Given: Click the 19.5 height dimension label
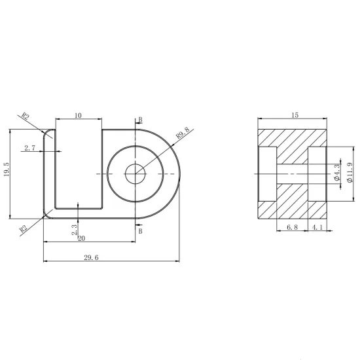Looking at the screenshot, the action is click(x=7, y=170).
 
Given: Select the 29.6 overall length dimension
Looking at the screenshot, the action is click(x=91, y=258).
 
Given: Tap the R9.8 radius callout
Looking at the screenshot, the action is click(x=183, y=133).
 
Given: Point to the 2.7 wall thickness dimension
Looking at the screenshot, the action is click(x=30, y=148).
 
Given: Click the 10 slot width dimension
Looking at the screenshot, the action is click(x=78, y=115).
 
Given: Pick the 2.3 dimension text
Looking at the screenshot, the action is click(x=75, y=230).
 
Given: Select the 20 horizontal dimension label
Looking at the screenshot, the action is click(x=82, y=238).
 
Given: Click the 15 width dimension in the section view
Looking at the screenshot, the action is click(x=295, y=115).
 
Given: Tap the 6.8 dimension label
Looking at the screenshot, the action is click(x=293, y=227).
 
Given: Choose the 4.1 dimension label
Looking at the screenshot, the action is click(x=317, y=227).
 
